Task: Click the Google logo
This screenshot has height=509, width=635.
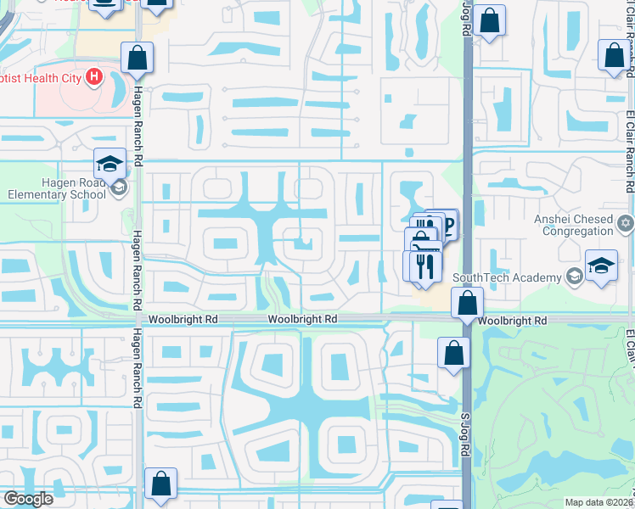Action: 28,499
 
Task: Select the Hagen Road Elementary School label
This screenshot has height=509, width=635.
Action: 53,187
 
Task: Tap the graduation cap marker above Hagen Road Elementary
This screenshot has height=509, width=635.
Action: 110,163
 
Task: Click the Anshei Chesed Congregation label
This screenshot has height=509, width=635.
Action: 573,225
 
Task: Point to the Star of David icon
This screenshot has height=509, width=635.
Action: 626,223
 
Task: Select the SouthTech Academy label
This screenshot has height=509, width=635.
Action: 507,277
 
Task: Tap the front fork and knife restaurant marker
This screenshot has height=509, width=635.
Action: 425,265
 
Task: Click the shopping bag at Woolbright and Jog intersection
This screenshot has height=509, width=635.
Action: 467,302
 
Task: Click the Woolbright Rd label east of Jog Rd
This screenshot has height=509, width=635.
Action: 511,322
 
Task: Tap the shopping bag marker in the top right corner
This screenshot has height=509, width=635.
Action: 614,55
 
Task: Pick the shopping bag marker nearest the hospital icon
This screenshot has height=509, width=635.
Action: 137,58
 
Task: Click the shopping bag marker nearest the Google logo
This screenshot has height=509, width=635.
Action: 160,484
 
